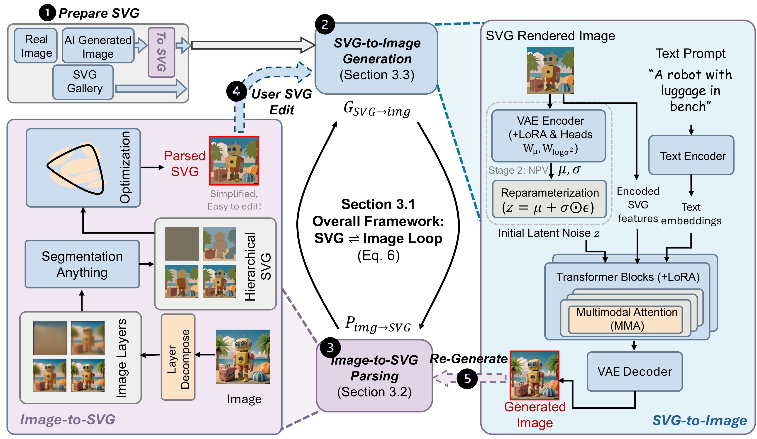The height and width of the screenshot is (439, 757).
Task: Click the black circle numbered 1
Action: pyautogui.click(x=47, y=13)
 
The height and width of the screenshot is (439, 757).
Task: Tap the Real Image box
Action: pyautogui.click(x=36, y=46)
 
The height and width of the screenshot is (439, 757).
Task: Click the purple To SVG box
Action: pyautogui.click(x=161, y=52)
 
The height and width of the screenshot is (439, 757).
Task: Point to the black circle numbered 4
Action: pyautogui.click(x=236, y=91)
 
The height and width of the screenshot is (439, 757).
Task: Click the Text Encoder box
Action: pyautogui.click(x=691, y=155)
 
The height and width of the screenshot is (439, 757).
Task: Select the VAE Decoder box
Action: pyautogui.click(x=635, y=371)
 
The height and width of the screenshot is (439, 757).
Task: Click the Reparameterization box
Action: pyautogui.click(x=549, y=199)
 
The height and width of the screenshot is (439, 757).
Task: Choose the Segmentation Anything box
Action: pyautogui.click(x=82, y=264)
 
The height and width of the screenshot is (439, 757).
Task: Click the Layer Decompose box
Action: pyautogui.click(x=178, y=357)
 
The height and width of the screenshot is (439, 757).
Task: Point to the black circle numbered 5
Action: pyautogui.click(x=467, y=379)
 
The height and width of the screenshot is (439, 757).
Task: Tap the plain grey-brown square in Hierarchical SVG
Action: pyautogui.click(x=181, y=244)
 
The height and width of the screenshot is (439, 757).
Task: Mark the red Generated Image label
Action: pyautogui.click(x=535, y=415)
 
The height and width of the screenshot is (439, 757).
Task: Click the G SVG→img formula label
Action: pyautogui.click(x=377, y=109)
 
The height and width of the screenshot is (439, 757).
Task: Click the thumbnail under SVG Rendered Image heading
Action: pyautogui.click(x=550, y=71)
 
